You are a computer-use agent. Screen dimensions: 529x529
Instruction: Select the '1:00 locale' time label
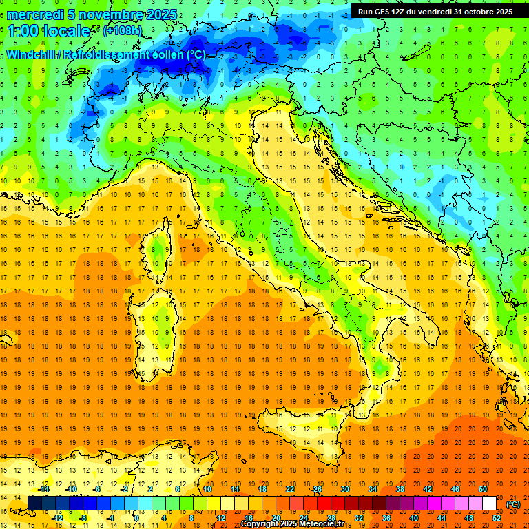(49, 31)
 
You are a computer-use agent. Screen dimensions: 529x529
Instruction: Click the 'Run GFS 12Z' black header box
(435, 11)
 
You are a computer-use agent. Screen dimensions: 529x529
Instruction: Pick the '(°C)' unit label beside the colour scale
(514, 504)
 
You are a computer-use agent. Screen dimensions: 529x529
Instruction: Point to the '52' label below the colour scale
(497, 518)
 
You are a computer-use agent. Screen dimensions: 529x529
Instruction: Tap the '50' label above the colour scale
(483, 489)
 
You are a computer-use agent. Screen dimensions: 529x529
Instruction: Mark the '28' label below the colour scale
(331, 518)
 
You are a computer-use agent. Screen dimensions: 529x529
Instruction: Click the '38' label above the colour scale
(400, 489)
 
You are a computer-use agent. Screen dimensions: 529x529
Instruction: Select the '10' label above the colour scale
(207, 489)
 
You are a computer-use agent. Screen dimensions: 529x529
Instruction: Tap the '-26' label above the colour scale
(317, 489)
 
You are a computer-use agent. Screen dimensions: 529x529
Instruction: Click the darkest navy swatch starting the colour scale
(35, 504)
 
